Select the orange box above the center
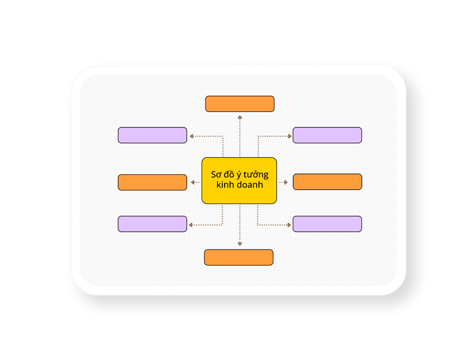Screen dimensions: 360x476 pyautogui.click(x=240, y=104)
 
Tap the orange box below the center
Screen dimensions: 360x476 pyautogui.click(x=238, y=257)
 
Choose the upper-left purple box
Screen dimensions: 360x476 pyautogui.click(x=152, y=135)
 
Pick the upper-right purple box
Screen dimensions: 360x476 pyautogui.click(x=327, y=135)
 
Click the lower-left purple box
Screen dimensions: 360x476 pyautogui.click(x=152, y=224)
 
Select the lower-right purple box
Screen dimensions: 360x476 pyautogui.click(x=327, y=224)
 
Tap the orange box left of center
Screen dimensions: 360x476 pyautogui.click(x=152, y=183)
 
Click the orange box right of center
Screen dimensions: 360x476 pyautogui.click(x=327, y=182)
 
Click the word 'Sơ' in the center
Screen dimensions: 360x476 pyautogui.click(x=216, y=175)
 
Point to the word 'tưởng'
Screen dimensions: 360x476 pyautogui.click(x=258, y=175)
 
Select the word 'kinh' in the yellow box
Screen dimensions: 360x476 pyautogui.click(x=225, y=185)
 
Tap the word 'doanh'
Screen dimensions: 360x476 pyautogui.click(x=250, y=185)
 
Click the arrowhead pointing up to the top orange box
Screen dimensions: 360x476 pyautogui.click(x=240, y=117)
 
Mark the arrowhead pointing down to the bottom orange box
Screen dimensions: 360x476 pyautogui.click(x=240, y=244)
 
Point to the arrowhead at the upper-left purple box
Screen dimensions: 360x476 pyautogui.click(x=192, y=136)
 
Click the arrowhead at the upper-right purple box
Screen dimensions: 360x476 pyautogui.click(x=290, y=136)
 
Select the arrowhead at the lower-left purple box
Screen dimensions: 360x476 pyautogui.click(x=191, y=225)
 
